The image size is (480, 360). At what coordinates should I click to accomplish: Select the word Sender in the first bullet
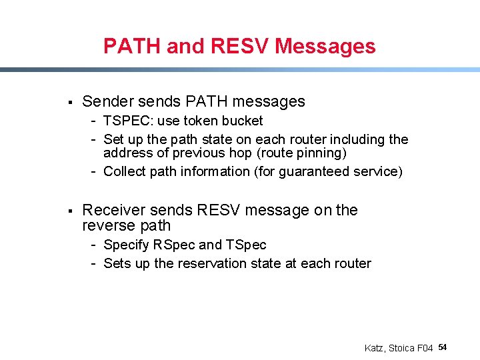click(x=107, y=101)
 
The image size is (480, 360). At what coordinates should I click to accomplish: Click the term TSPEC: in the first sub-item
click(x=128, y=121)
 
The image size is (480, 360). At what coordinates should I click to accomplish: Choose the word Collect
click(x=125, y=171)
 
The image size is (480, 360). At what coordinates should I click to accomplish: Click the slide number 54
click(x=443, y=347)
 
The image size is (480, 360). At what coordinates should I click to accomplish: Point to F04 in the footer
click(x=424, y=348)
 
